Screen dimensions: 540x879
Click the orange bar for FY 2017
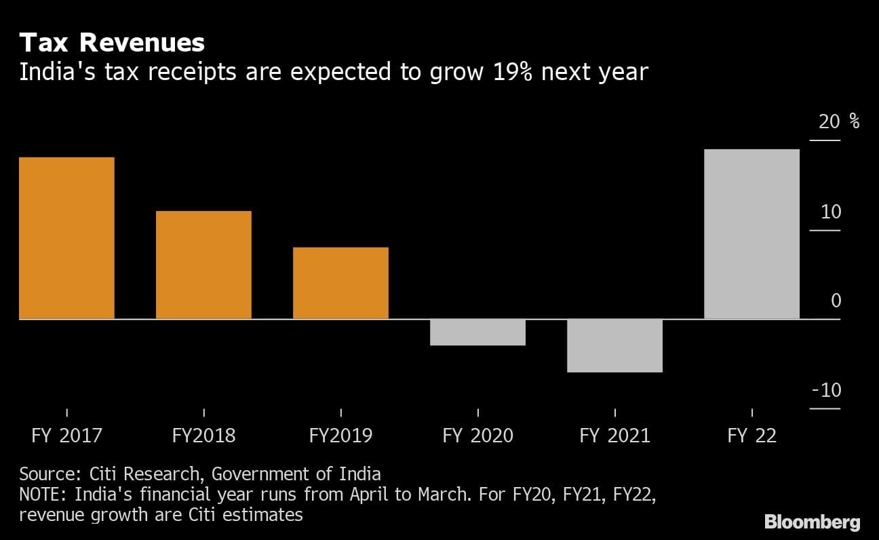[66, 237]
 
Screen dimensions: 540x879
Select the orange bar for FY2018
[203, 265]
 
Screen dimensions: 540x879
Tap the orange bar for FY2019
[340, 283]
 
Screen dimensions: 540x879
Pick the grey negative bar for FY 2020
[477, 332]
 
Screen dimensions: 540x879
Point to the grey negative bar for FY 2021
[614, 345]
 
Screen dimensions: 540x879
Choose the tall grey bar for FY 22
[751, 233]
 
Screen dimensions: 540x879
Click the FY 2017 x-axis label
[66, 435]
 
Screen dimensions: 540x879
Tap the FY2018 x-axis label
[203, 435]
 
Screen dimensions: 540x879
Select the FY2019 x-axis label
[340, 435]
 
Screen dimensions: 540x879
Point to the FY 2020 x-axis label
[477, 435]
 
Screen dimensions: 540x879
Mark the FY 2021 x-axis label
[614, 435]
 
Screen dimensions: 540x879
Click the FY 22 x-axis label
[751, 435]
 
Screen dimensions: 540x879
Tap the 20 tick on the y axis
[829, 122]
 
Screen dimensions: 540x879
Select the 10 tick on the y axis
[831, 212]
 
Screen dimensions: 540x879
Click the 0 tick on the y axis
[836, 301]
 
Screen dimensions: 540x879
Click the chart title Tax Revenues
[112, 43]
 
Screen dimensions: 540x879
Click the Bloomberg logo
[812, 522]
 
